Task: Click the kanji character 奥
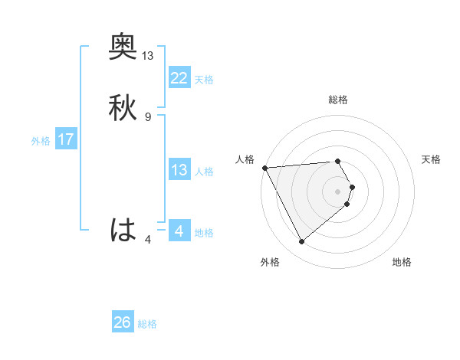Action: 123,47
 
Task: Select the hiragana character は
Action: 123,229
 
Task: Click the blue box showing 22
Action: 179,77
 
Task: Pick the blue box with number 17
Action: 65,140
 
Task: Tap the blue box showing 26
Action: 123,322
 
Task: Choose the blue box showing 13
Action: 179,170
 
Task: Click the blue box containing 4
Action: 179,231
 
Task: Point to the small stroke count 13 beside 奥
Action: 148,56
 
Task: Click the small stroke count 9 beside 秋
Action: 148,116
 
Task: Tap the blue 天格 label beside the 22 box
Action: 204,80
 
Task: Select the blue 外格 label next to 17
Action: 41,141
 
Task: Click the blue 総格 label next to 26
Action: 148,324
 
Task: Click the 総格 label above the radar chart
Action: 338,100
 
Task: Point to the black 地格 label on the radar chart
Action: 402,262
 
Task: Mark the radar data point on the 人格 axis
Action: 264,167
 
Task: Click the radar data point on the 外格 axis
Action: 301,242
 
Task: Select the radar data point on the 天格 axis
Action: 352,186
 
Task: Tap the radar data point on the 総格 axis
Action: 338,161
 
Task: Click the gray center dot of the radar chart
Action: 338,191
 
